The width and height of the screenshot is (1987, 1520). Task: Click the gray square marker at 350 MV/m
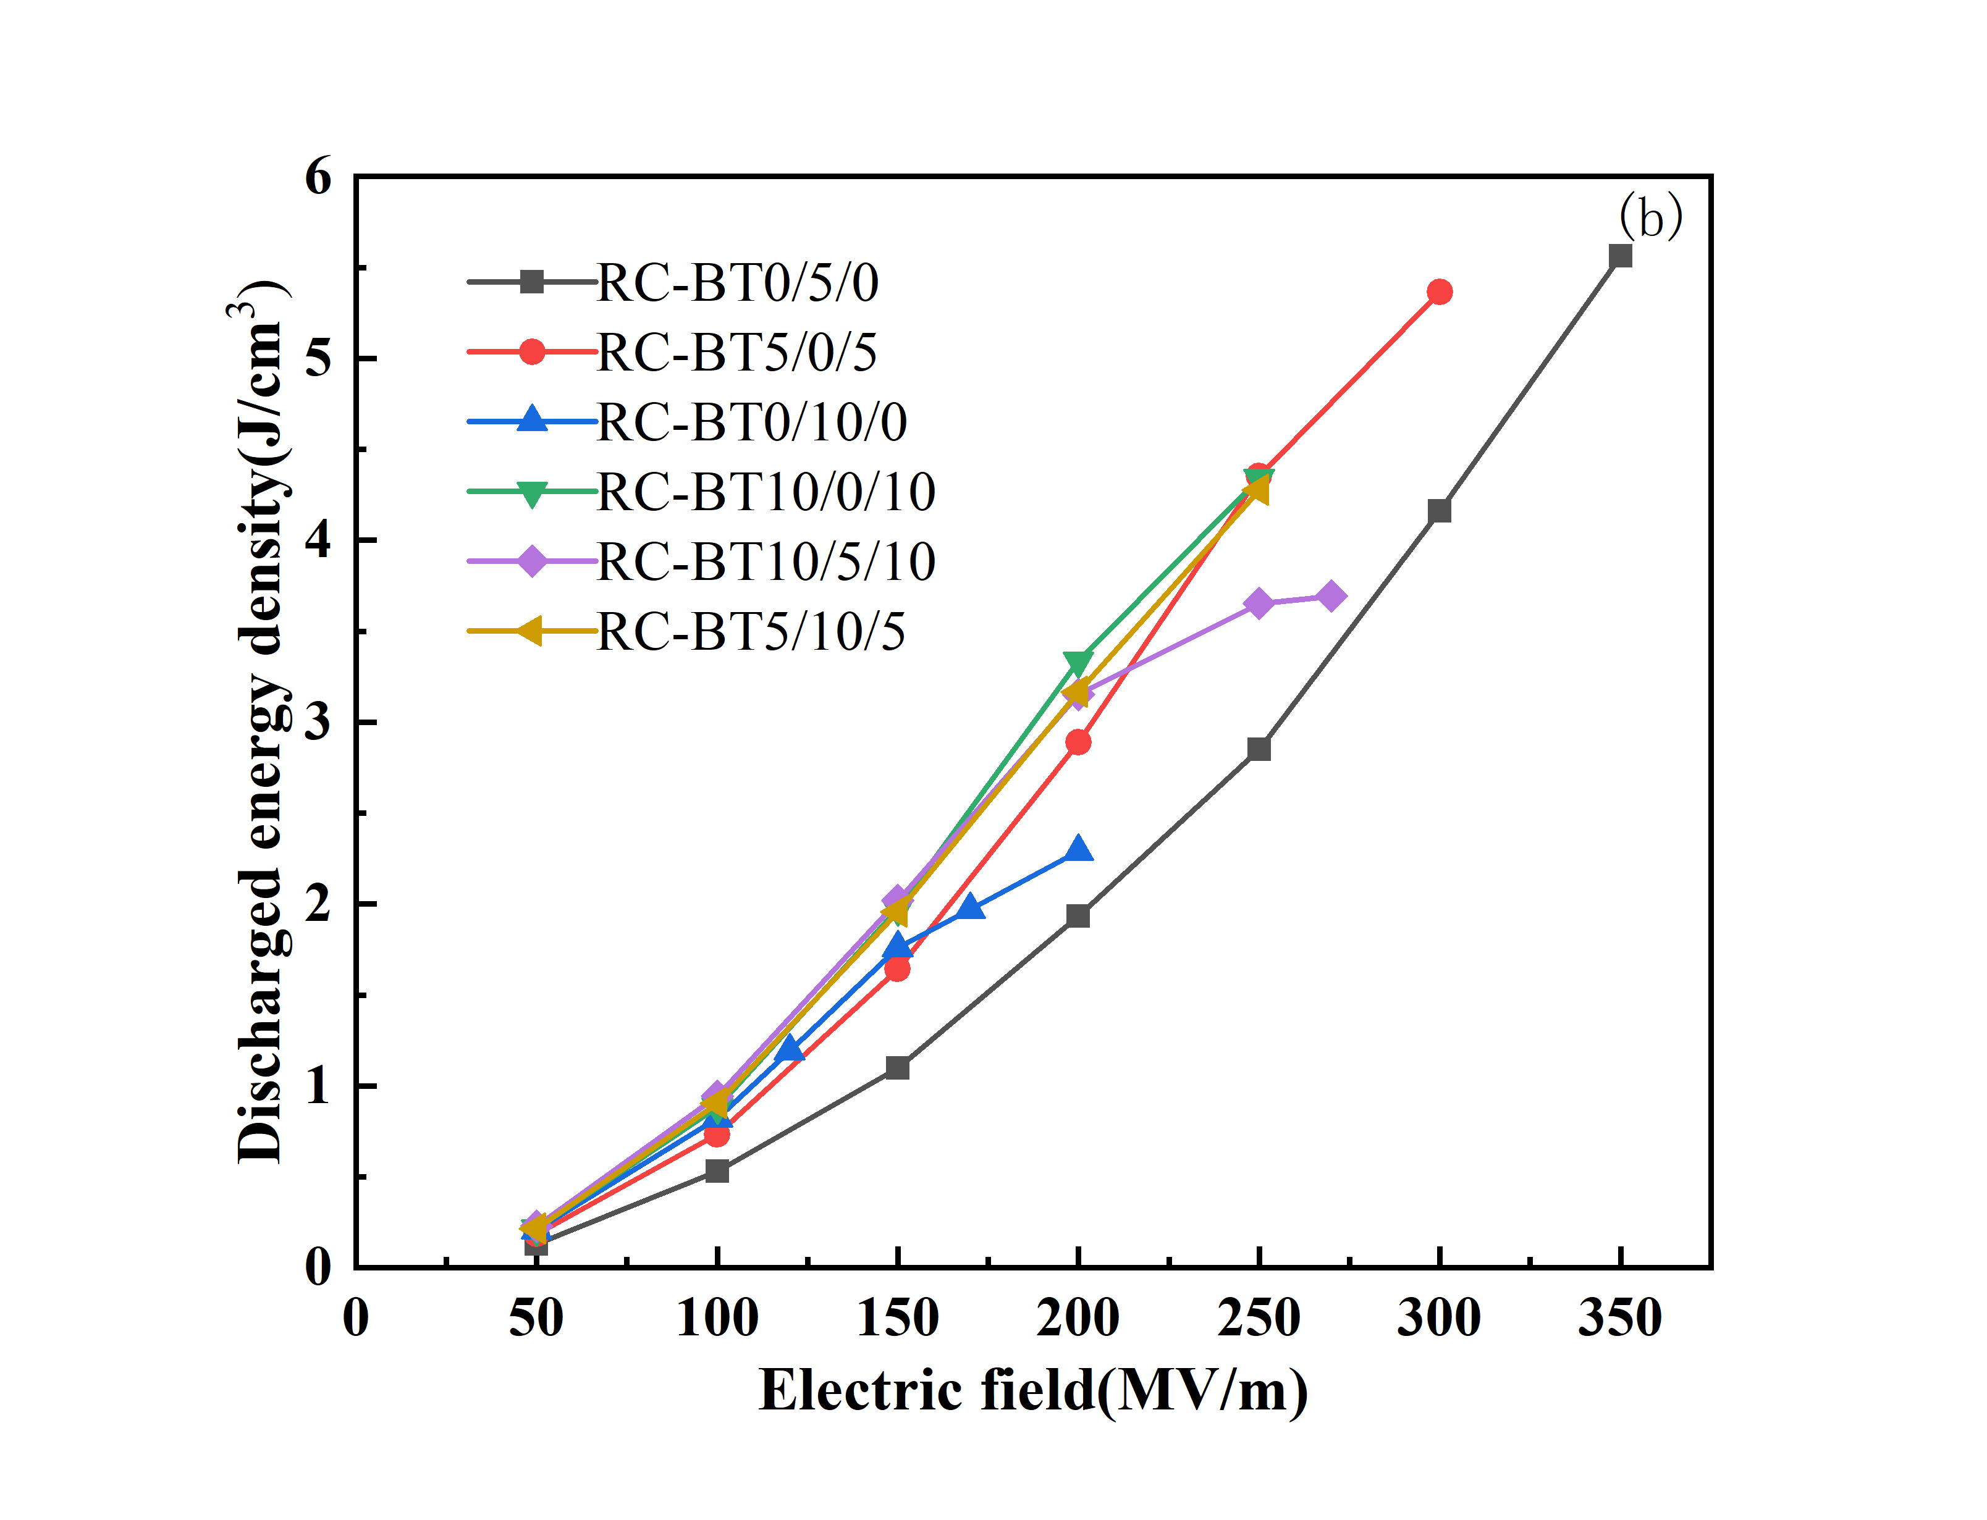[x=1619, y=256]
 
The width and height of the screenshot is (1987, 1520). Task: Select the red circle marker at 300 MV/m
[x=1439, y=292]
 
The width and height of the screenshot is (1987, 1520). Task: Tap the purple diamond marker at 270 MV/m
[x=1330, y=596]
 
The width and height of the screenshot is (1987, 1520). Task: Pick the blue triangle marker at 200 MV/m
[x=1078, y=850]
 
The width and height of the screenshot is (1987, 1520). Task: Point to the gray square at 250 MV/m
[x=1259, y=749]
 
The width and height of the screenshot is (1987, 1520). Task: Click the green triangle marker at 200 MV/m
[x=1078, y=663]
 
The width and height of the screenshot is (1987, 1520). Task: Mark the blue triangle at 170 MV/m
[x=970, y=907]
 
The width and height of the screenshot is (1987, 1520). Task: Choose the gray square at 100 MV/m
[x=717, y=1171]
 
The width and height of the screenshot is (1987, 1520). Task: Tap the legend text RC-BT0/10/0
[x=751, y=422]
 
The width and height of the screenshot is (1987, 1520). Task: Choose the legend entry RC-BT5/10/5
[x=751, y=631]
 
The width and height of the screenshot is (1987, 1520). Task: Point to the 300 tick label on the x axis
[x=1439, y=1317]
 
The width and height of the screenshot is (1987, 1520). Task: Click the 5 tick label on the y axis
[x=318, y=358]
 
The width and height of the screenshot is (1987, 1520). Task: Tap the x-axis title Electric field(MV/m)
[x=1032, y=1391]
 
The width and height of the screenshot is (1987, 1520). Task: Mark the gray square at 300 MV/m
[x=1439, y=511]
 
